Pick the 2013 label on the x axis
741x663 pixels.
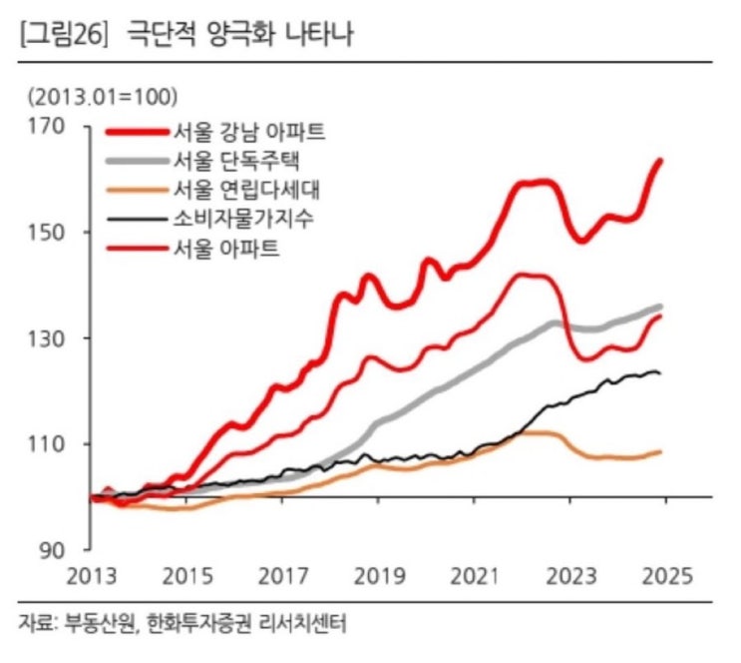[93, 577]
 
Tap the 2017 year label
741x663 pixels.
[284, 577]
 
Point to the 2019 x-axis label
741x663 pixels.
[379, 577]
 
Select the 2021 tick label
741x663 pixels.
[475, 577]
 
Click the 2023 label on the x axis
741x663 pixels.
[570, 577]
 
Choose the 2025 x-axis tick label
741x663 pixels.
[665, 577]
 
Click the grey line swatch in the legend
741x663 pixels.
[136, 161]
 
